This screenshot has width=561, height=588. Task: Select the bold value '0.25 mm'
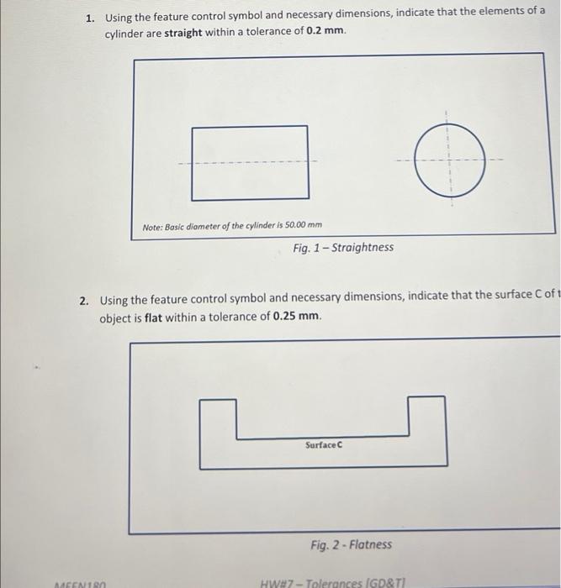coord(298,317)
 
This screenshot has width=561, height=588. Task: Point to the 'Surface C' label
coord(324,444)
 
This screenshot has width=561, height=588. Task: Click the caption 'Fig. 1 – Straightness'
coord(343,248)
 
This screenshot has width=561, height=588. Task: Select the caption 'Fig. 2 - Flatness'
coord(351,544)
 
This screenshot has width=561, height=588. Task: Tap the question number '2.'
coord(85,301)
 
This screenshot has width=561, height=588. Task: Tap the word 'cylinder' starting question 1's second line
coord(125,33)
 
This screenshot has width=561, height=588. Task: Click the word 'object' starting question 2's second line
coord(118,318)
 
